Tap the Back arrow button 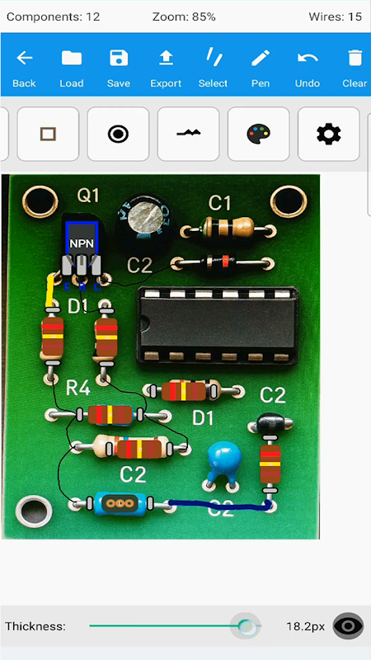click(x=25, y=58)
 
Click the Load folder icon click(x=72, y=58)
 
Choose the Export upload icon click(x=167, y=58)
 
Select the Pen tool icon click(x=261, y=58)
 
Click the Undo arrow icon click(x=308, y=58)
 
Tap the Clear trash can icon click(x=355, y=58)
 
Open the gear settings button click(x=328, y=134)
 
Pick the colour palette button click(x=258, y=134)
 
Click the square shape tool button click(x=48, y=134)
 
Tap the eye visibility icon click(x=348, y=626)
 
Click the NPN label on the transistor click(x=82, y=243)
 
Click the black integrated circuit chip click(x=218, y=325)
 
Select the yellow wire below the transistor click(x=50, y=291)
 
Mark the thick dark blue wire click(x=219, y=505)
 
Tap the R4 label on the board click(x=78, y=389)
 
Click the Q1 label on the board click(x=88, y=196)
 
